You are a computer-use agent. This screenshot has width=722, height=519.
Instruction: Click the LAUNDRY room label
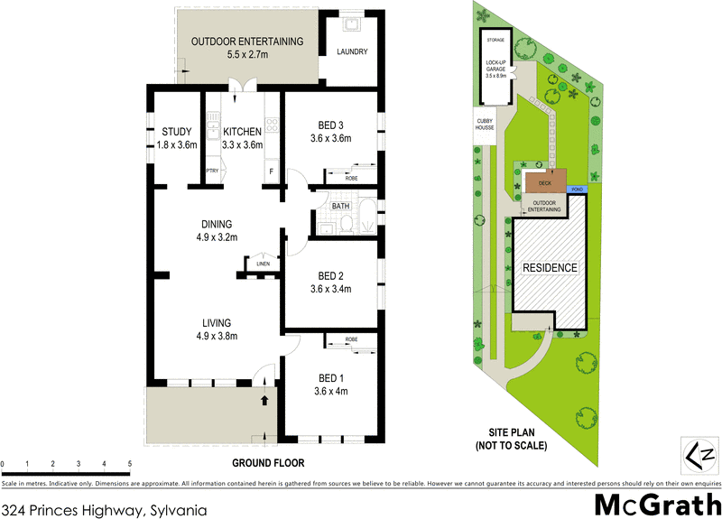(x=352, y=52)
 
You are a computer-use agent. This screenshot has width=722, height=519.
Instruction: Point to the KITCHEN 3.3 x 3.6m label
(x=243, y=138)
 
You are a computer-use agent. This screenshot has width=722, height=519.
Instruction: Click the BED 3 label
(x=329, y=130)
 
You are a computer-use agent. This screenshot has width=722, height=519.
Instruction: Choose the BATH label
(x=340, y=206)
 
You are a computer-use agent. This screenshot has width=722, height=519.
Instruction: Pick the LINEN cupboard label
(x=263, y=264)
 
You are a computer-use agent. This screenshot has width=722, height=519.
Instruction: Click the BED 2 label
(x=329, y=282)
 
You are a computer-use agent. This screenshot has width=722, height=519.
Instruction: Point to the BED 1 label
(x=329, y=384)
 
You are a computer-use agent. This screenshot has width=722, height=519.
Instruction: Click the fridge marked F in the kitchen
(x=270, y=171)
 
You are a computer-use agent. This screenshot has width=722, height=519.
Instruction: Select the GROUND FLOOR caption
(x=268, y=463)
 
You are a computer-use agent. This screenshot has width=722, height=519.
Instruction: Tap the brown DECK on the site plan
(x=544, y=182)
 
